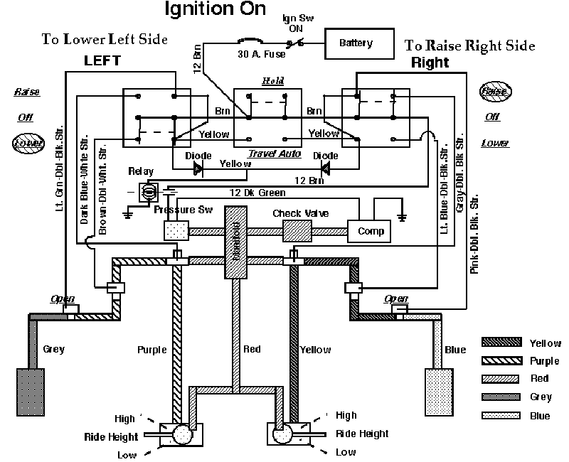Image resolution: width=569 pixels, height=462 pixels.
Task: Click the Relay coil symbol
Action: pyautogui.click(x=150, y=190)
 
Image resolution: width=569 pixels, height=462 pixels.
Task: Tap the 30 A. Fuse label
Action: pyautogui.click(x=257, y=53)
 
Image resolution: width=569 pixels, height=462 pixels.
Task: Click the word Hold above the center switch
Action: pyautogui.click(x=272, y=81)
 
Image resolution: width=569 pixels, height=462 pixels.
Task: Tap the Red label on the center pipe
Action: pyautogui.click(x=252, y=350)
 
